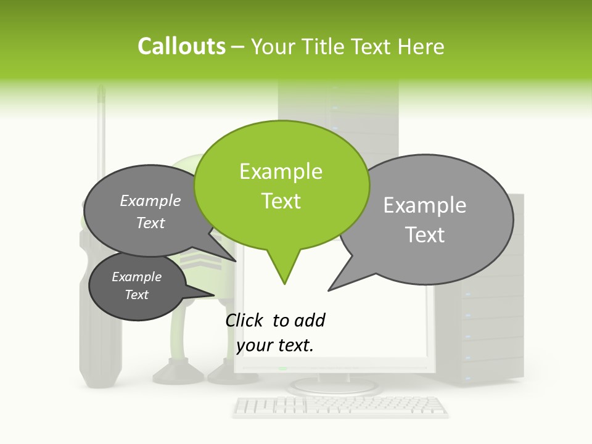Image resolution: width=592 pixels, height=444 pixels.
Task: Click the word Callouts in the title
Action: tap(181, 46)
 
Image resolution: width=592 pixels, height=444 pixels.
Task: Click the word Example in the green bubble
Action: tap(281, 171)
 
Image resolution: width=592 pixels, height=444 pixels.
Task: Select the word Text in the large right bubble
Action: tap(425, 235)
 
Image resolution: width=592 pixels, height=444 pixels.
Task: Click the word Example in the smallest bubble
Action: tap(136, 277)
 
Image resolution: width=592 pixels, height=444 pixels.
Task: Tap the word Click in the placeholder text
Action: tap(245, 320)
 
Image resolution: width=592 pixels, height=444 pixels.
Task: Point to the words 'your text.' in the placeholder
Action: tap(275, 345)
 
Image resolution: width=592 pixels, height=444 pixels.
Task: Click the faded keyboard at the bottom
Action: tap(340, 406)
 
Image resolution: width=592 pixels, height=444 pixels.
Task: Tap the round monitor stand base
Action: tap(333, 387)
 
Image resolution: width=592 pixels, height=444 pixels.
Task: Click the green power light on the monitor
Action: tap(282, 369)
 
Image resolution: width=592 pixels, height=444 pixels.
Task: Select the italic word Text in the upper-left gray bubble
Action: tap(150, 223)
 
